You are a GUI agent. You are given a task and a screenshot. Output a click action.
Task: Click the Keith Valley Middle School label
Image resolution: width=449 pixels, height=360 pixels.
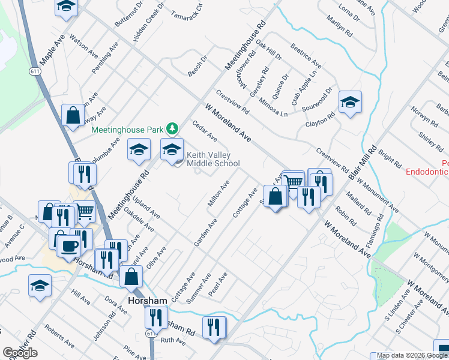212,159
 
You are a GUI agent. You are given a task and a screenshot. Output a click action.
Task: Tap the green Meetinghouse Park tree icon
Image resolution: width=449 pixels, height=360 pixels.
172,128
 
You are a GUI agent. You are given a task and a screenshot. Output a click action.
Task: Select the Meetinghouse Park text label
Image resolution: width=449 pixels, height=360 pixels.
127,129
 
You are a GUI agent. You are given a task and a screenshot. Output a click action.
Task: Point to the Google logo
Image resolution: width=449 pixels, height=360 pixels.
20,353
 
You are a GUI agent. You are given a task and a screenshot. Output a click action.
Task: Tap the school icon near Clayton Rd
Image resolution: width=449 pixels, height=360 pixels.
349,102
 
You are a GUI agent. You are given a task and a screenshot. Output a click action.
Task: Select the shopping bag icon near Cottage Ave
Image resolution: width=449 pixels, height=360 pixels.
275,197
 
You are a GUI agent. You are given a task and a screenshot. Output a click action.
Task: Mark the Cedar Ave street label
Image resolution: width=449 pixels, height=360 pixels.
204,131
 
